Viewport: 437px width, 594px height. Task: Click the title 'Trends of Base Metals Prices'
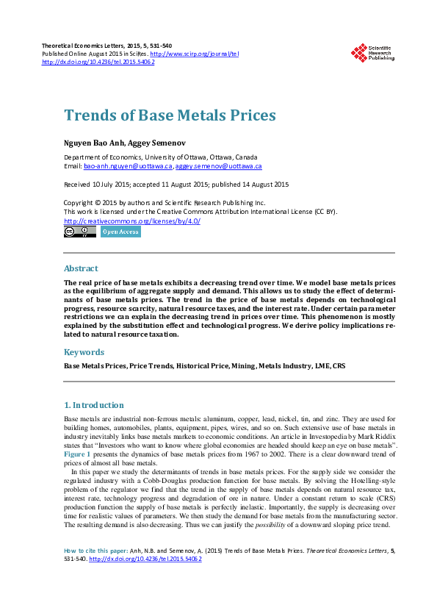click(x=170, y=115)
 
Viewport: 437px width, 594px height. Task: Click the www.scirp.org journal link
click(x=194, y=54)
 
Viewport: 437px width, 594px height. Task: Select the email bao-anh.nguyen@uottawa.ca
click(x=128, y=167)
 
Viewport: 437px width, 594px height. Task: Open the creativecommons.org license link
click(x=132, y=221)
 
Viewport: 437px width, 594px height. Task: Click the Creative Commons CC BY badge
click(x=80, y=232)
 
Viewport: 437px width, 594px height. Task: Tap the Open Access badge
click(x=120, y=232)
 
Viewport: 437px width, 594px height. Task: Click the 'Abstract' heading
click(x=81, y=268)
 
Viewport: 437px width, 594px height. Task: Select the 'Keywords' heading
click(x=84, y=352)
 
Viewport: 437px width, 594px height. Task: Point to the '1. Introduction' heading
click(x=93, y=405)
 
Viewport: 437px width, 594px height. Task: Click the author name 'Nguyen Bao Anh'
click(x=95, y=141)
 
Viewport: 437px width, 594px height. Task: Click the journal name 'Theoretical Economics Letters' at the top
click(x=89, y=46)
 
